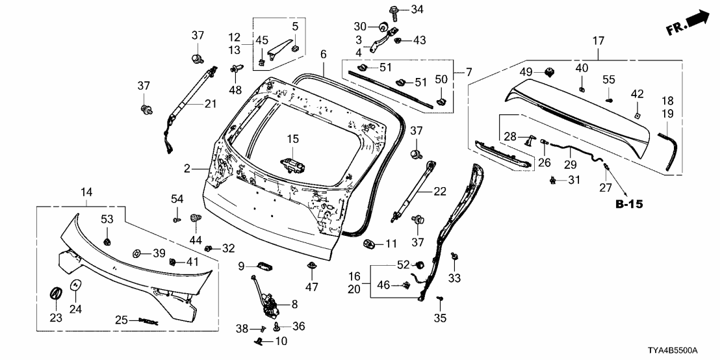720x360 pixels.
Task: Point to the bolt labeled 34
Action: [x=394, y=10]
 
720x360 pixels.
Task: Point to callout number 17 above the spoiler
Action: [x=598, y=40]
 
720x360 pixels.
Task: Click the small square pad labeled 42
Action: [x=637, y=114]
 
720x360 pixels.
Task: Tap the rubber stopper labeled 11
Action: [x=369, y=244]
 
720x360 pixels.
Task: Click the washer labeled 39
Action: [x=137, y=253]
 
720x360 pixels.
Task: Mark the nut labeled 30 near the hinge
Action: [x=383, y=27]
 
